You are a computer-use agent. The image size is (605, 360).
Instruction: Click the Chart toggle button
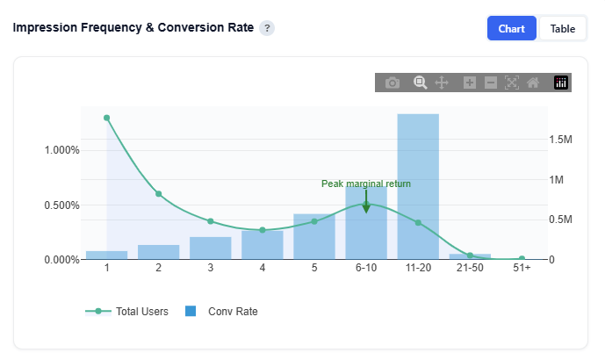[511, 29]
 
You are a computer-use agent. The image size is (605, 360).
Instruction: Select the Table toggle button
[562, 29]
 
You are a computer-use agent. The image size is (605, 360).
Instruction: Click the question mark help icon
[267, 28]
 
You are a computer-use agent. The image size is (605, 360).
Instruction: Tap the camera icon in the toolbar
[393, 83]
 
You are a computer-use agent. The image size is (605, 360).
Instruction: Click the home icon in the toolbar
[533, 83]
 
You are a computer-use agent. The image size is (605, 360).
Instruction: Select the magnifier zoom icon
[421, 83]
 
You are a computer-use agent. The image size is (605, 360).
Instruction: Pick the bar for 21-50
[470, 256]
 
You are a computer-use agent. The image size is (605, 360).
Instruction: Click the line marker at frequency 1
[107, 118]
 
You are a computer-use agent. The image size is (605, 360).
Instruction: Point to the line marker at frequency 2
[159, 193]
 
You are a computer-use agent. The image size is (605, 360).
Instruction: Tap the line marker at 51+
[522, 259]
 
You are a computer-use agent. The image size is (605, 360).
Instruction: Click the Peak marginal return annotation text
[366, 184]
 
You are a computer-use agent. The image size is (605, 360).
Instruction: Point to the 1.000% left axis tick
[61, 150]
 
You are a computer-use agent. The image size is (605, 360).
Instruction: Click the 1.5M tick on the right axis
[561, 140]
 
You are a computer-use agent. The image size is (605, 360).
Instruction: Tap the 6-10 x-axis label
[366, 267]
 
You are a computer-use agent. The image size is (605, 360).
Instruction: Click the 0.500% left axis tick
[61, 205]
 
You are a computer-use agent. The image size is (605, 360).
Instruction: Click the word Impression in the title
[45, 28]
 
